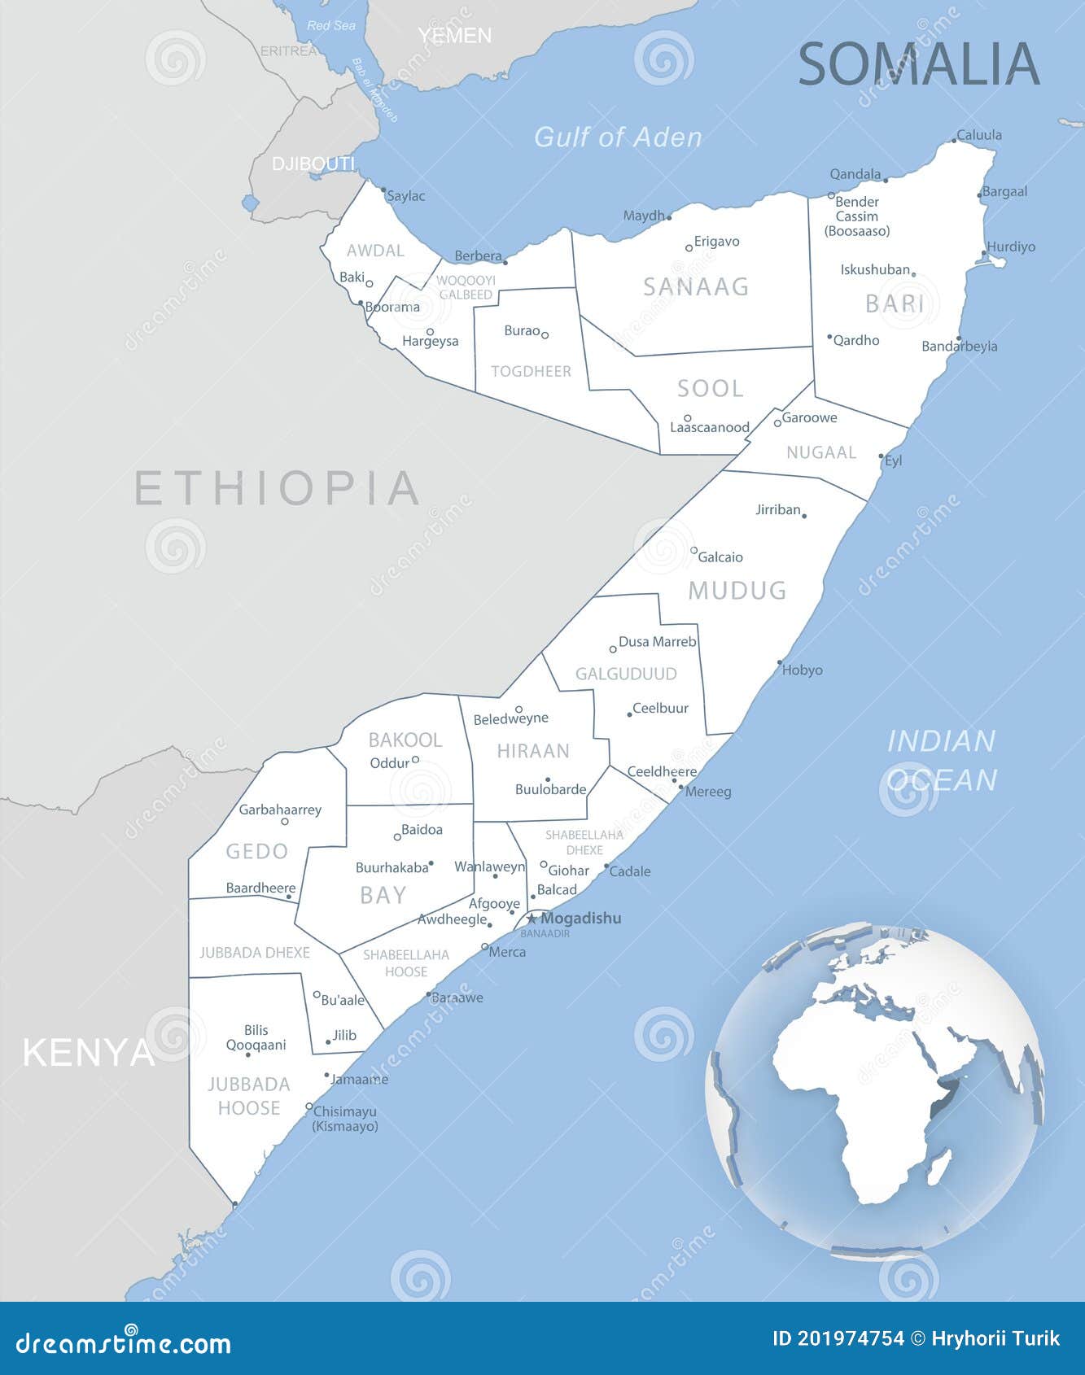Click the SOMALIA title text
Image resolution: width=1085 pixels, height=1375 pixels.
click(918, 64)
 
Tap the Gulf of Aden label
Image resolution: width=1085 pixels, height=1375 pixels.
click(617, 137)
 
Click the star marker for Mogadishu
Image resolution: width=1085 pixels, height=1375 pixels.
click(532, 919)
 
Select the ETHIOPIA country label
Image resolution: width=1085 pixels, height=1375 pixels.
click(277, 488)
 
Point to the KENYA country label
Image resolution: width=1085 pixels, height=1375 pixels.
click(88, 1053)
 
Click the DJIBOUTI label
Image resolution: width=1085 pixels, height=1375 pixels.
click(313, 164)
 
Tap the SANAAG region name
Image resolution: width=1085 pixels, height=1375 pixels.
click(696, 286)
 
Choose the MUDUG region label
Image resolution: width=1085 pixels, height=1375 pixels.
click(737, 591)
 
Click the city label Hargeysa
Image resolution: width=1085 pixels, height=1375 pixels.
click(430, 342)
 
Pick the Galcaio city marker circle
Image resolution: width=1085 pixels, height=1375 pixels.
click(693, 551)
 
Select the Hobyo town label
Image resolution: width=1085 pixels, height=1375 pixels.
click(802, 670)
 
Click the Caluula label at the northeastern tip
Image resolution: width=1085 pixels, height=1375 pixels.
click(978, 135)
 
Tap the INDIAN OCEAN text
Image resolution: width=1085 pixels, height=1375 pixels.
click(941, 760)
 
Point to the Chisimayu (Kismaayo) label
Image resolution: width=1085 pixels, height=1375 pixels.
click(345, 1119)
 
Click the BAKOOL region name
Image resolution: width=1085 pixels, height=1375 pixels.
click(405, 740)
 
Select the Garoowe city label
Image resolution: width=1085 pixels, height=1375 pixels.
click(809, 418)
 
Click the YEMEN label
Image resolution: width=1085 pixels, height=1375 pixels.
click(455, 36)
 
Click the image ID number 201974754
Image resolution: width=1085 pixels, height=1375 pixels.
click(851, 1338)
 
